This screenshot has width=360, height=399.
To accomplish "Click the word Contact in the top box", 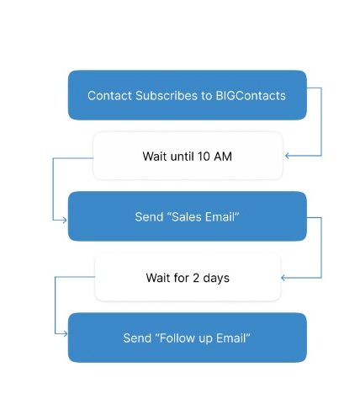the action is click(109, 96).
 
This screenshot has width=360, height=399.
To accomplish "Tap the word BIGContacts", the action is click(251, 96).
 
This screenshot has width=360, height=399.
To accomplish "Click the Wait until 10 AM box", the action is click(188, 156).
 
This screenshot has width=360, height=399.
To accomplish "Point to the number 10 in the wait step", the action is click(204, 157).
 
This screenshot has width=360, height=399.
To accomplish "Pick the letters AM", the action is click(223, 157).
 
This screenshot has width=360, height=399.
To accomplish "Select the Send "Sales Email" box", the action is click(188, 216).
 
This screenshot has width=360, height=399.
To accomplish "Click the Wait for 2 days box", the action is click(188, 277).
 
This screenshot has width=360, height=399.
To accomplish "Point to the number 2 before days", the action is click(196, 278).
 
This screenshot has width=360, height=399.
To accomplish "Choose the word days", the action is click(216, 279).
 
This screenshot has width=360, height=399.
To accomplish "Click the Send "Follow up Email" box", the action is click(188, 338).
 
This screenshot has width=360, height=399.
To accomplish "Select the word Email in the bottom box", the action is click(230, 338).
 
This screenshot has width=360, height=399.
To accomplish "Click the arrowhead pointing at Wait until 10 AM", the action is click(287, 156).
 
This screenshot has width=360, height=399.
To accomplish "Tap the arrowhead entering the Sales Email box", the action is click(65, 220).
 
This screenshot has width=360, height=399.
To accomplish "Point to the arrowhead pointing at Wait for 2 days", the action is click(283, 278).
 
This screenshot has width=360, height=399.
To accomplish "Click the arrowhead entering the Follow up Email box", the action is click(66, 333).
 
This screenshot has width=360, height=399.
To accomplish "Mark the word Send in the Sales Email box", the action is click(149, 217).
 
